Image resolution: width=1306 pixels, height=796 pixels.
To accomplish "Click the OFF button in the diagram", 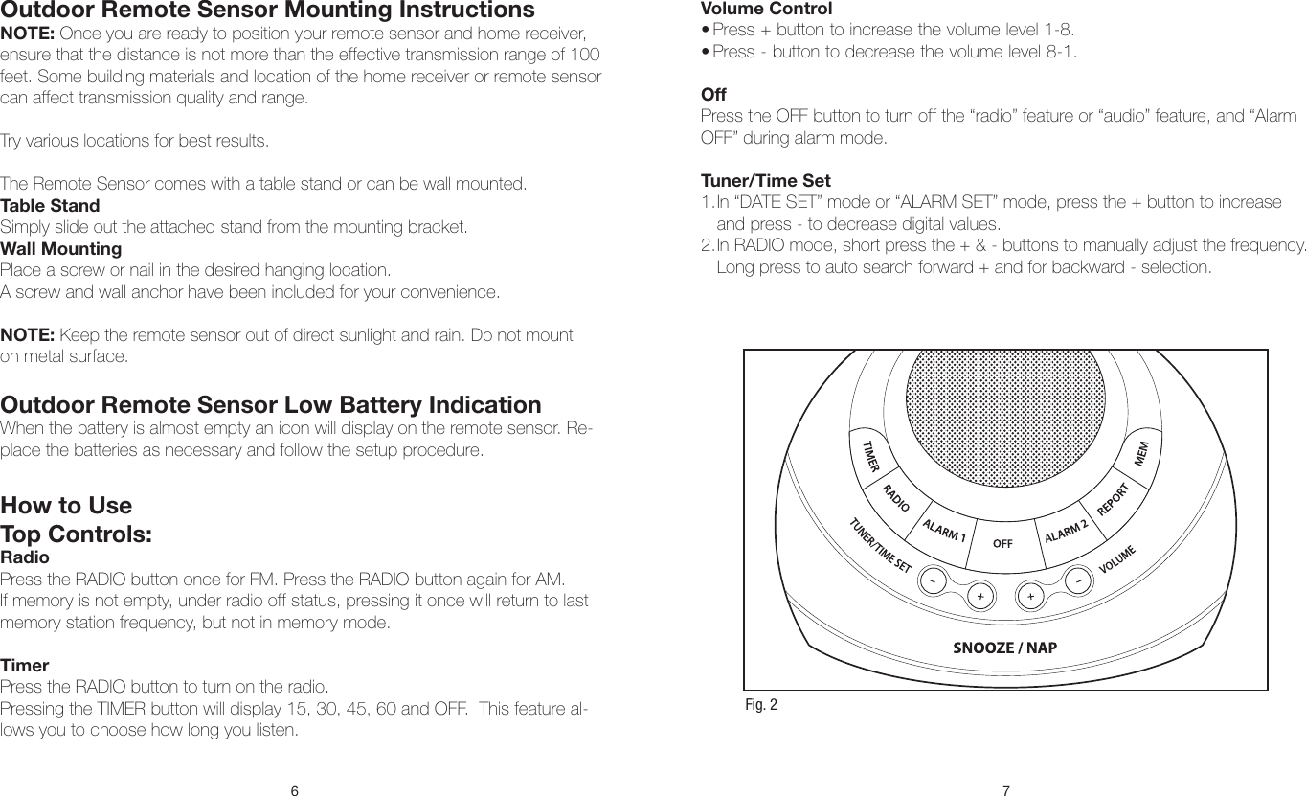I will click(x=1002, y=543).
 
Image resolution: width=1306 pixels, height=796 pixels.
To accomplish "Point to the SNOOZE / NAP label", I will click(x=1004, y=647).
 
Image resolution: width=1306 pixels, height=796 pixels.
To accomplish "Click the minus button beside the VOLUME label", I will click(x=1078, y=580).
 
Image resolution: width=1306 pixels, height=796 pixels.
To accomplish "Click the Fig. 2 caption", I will click(x=761, y=706).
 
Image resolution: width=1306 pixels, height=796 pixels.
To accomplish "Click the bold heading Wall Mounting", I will click(x=61, y=249).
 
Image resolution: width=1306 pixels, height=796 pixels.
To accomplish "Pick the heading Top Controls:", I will click(x=77, y=534).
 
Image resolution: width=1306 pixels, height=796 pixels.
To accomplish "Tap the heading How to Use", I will click(x=66, y=505).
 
